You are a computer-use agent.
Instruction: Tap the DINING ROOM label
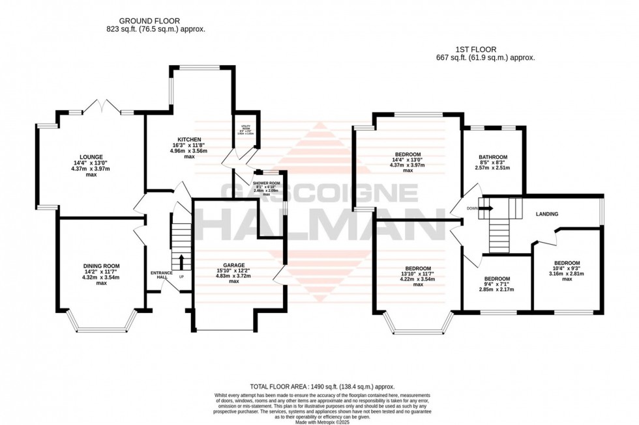click(x=101, y=266)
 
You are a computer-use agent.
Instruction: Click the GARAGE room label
click(x=233, y=266)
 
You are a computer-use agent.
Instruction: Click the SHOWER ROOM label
click(x=266, y=182)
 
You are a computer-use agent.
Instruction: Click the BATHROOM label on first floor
click(x=493, y=157)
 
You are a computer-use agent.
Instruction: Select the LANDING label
click(x=547, y=213)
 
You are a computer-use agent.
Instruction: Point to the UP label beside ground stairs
click(x=181, y=277)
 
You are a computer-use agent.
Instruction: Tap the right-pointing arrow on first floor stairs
click(x=487, y=208)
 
